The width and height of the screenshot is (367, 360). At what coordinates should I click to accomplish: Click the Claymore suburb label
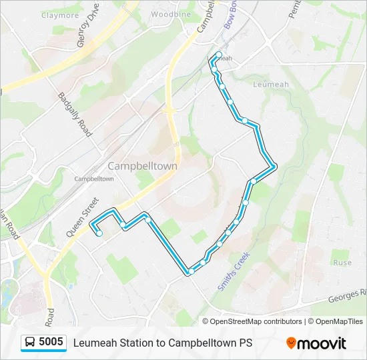[x=60, y=15]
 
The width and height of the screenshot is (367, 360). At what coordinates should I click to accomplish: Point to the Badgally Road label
[x=74, y=115]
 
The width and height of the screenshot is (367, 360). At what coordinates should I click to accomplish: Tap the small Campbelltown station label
[x=93, y=179]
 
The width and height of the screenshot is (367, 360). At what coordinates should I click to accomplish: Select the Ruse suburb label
[x=342, y=263]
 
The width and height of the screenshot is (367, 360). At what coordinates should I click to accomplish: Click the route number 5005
[x=51, y=342]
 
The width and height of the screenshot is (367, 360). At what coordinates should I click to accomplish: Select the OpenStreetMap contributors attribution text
[x=256, y=321]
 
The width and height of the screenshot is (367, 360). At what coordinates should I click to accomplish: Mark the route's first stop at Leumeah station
[x=219, y=54]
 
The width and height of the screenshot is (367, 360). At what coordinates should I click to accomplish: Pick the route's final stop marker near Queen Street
[x=99, y=233]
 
